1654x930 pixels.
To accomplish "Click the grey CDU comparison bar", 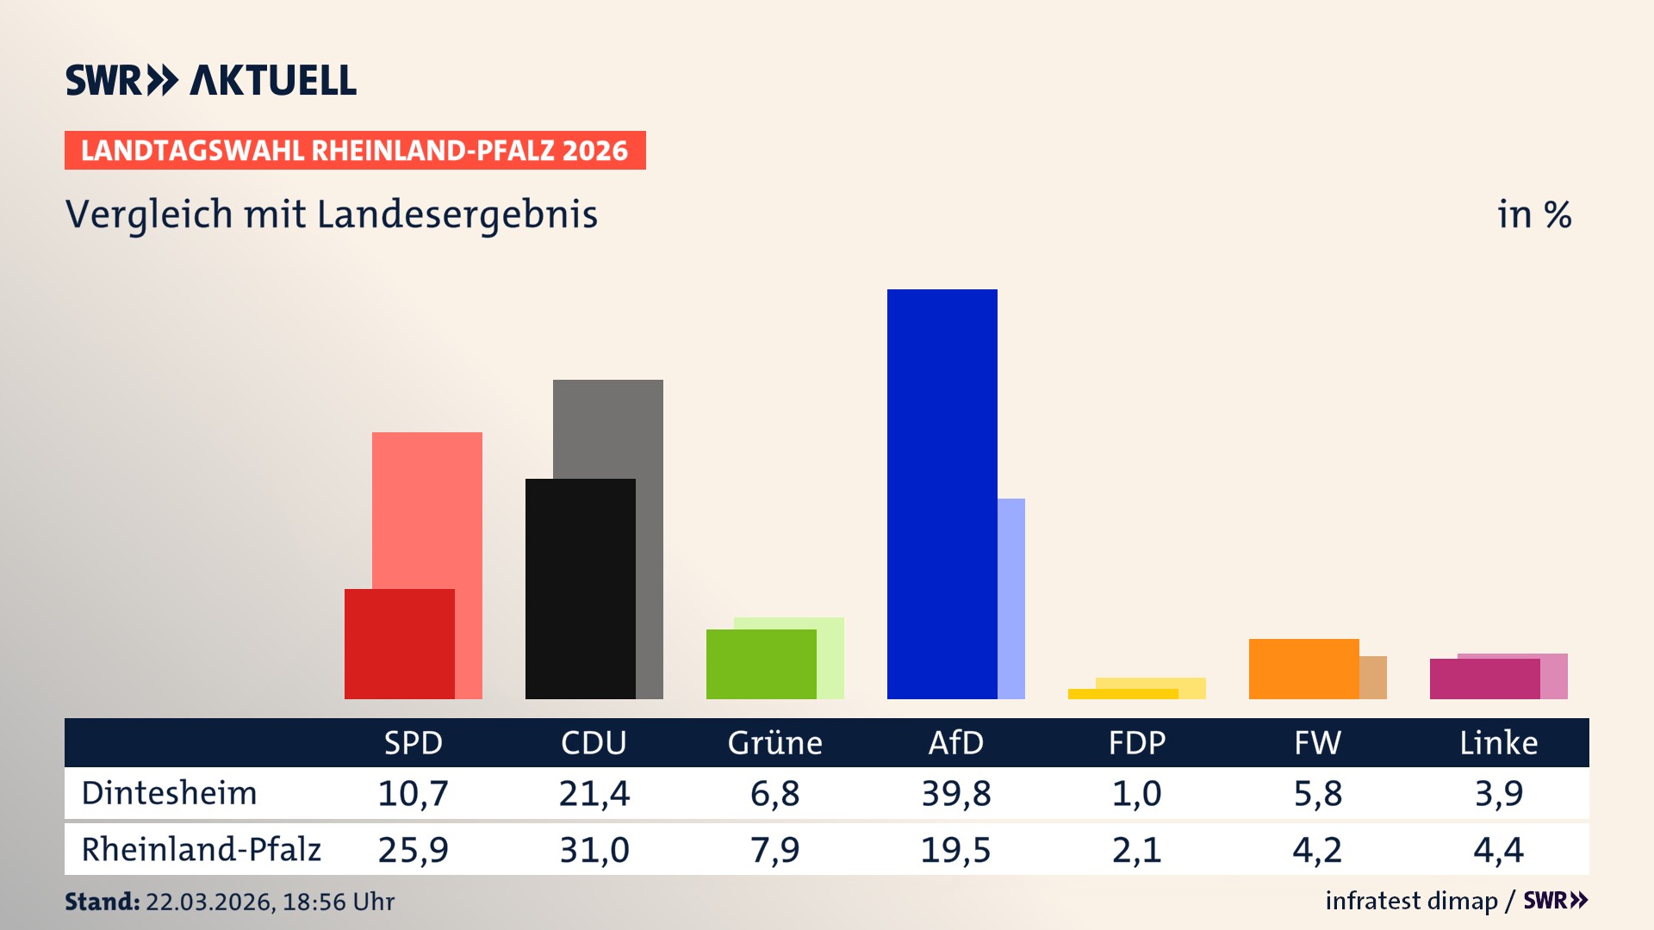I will (x=649, y=431).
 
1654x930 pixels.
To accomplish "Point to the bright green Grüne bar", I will (x=761, y=664).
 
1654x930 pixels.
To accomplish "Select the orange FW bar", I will (x=1303, y=669).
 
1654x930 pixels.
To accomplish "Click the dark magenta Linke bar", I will (x=1484, y=679).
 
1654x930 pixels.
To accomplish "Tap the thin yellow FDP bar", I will (x=1122, y=694).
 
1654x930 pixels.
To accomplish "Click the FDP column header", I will (x=1136, y=743).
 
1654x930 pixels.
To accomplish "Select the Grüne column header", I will (x=774, y=743).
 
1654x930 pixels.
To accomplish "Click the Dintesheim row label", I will (x=170, y=793).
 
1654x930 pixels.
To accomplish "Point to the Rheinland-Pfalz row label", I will (x=201, y=850).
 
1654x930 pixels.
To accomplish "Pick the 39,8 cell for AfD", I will (x=955, y=793).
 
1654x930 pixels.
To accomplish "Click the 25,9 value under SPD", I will (x=413, y=850).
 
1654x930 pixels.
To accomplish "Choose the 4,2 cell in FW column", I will (x=1317, y=850).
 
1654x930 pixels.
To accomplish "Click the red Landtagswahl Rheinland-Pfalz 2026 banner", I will (x=355, y=151).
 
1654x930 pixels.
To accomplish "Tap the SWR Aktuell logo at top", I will (x=211, y=80).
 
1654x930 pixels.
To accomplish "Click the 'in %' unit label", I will (x=1533, y=215).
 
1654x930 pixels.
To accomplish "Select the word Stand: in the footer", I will (x=102, y=902).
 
